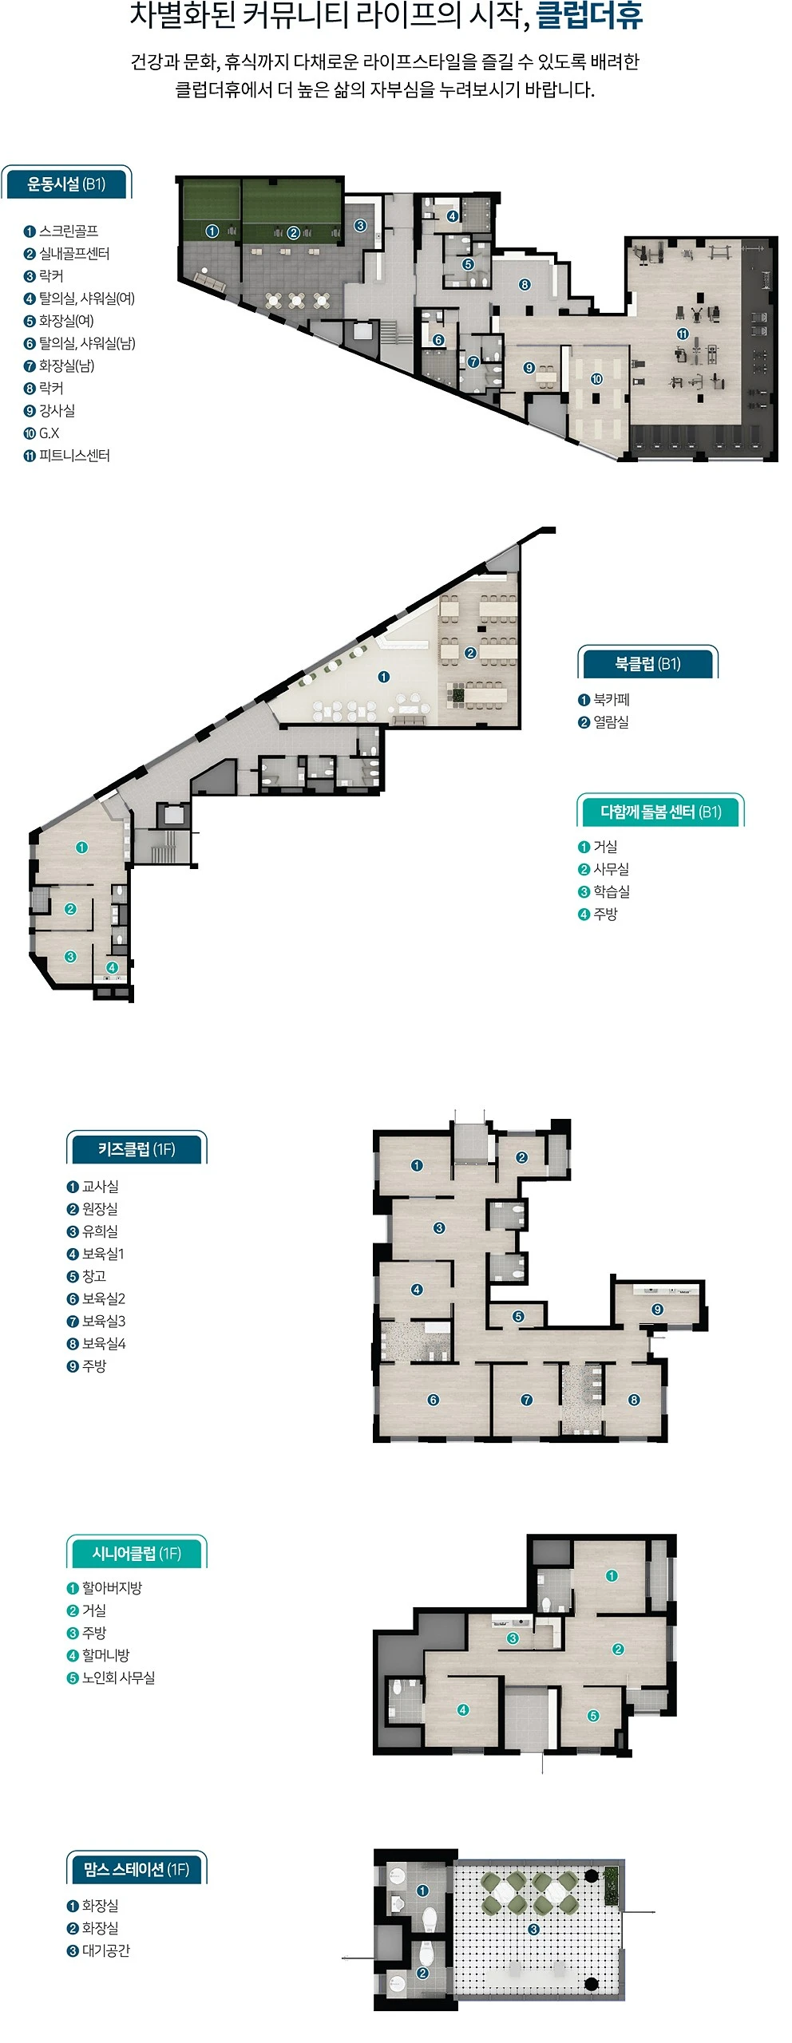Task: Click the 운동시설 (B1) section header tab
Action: (66, 184)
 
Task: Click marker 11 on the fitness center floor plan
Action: (683, 334)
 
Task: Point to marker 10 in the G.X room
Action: (596, 379)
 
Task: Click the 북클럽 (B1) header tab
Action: (647, 663)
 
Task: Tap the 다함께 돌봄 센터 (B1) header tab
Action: (661, 812)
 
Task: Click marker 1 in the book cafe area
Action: (384, 677)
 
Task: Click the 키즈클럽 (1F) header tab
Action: (137, 1149)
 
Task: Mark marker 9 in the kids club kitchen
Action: (657, 1310)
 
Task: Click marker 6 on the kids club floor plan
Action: (433, 1400)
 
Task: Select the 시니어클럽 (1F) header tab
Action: (137, 1553)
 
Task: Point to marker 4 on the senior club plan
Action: (462, 1709)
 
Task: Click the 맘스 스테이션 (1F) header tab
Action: (137, 1869)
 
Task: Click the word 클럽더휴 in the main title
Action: (589, 16)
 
